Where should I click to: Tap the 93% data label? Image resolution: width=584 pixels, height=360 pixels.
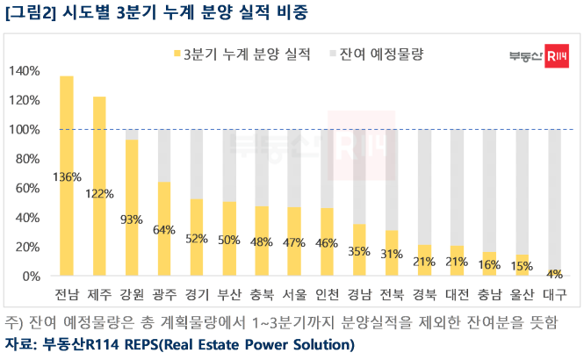tap(132, 220)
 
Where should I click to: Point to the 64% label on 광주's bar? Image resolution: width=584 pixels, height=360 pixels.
tap(164, 231)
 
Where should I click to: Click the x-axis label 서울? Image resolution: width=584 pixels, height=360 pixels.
tap(294, 292)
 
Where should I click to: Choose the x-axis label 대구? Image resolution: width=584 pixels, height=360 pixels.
tap(555, 292)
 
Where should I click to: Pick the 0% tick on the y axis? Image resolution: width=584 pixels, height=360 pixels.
tap(30, 276)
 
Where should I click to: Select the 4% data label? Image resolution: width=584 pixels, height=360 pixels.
tap(555, 274)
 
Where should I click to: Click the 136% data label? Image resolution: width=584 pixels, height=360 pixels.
tap(67, 177)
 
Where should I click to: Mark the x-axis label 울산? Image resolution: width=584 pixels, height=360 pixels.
tap(523, 292)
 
